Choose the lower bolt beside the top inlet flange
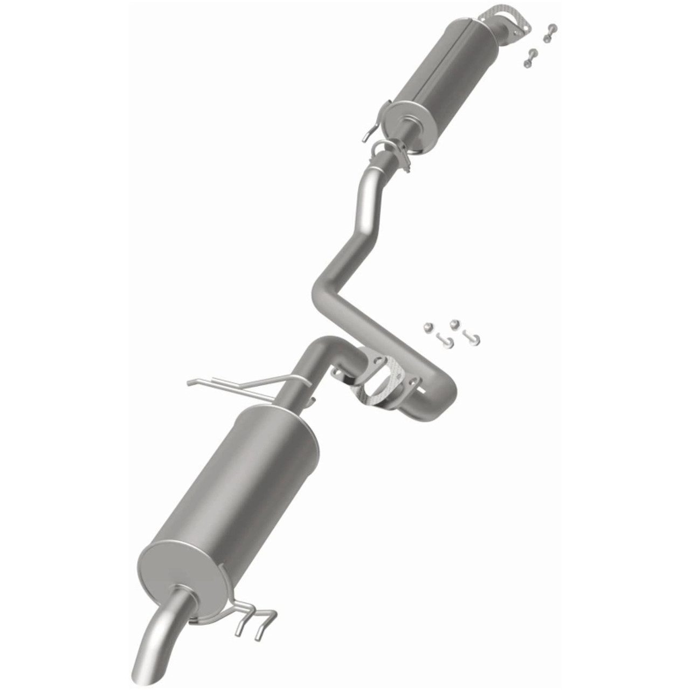pos(530,58)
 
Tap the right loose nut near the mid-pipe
pos(454,323)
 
